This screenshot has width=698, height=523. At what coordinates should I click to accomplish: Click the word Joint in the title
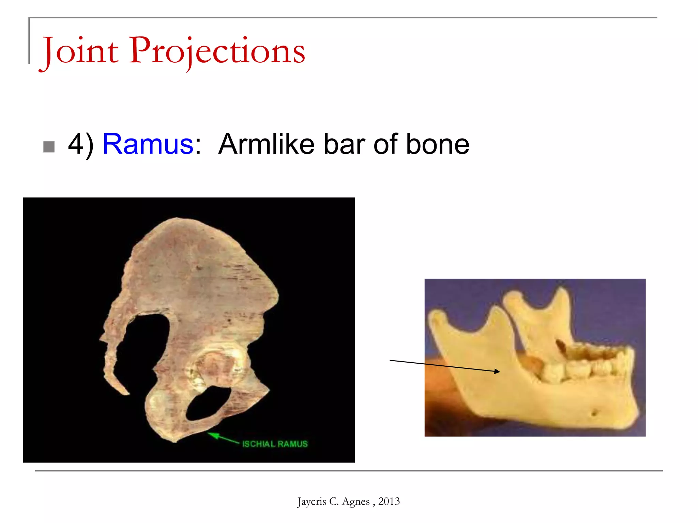coord(80,51)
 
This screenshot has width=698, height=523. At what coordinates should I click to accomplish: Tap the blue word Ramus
coord(148,144)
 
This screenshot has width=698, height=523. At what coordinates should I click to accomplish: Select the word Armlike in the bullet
coord(266,144)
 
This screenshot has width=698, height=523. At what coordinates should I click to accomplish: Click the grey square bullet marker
coord(49,147)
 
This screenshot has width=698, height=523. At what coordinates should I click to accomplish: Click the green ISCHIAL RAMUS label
coord(275,444)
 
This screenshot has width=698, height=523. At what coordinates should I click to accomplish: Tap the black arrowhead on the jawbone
coord(497,371)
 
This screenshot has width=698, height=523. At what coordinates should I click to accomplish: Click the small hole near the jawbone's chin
coord(594,413)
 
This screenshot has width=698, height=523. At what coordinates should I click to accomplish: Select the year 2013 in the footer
coord(389,501)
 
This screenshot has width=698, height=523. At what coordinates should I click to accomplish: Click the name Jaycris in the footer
coord(312,502)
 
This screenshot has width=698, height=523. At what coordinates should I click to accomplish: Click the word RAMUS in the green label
coord(292,444)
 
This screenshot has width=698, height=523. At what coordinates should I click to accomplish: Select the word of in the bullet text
coord(385,144)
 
